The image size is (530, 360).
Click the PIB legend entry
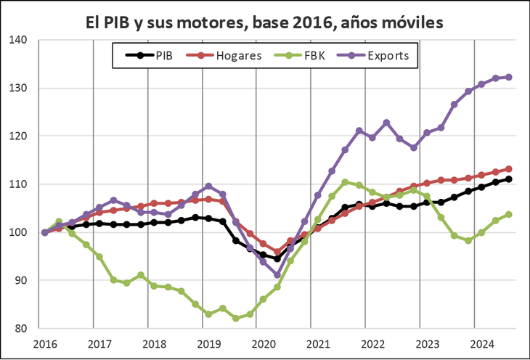click(x=154, y=54)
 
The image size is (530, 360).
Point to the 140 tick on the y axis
click(x=27, y=40)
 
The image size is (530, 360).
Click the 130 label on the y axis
click(x=27, y=88)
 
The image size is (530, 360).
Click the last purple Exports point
click(x=508, y=77)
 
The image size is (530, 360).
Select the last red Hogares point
click(x=508, y=169)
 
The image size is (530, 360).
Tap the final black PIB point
click(x=508, y=179)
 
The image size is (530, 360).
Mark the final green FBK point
click(x=508, y=214)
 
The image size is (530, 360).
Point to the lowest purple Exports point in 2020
click(x=277, y=275)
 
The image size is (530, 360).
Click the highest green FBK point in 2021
click(x=345, y=182)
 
